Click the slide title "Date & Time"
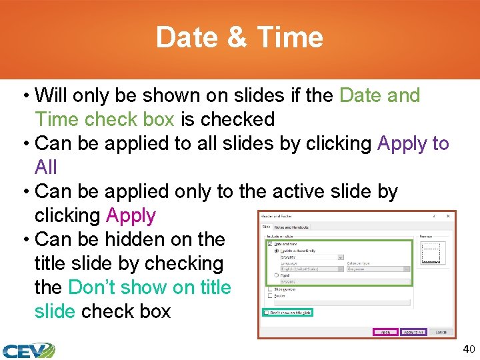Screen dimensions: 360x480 point(239,37)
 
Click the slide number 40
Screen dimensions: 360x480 point(469,349)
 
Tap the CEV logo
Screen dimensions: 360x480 point(28,351)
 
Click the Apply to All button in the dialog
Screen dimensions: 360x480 point(413,332)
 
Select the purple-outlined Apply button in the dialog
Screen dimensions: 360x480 point(385,332)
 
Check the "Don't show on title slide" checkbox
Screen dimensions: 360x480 point(267,312)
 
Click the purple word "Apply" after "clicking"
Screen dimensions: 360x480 point(131,215)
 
